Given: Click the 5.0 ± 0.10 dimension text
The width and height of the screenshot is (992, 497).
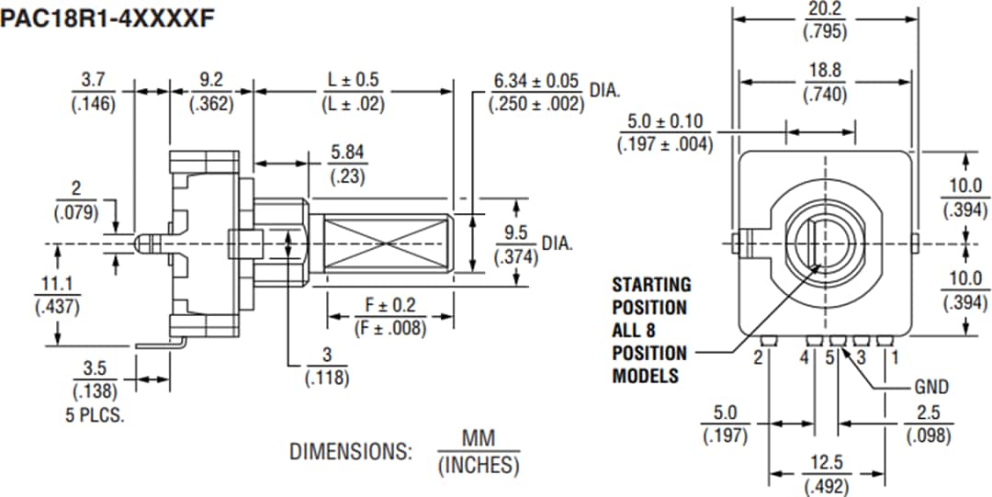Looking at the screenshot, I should [665, 121].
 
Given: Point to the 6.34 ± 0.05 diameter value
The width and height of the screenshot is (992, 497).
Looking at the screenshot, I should [537, 81].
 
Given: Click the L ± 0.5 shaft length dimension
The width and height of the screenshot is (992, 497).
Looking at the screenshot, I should [353, 81].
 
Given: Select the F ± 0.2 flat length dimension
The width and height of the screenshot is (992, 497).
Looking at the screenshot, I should [390, 305].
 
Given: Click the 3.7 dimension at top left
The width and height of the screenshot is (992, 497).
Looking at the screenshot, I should [93, 81].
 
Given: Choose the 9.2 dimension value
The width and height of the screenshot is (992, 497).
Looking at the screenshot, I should [210, 81].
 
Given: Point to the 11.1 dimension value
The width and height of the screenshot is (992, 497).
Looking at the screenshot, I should [56, 285].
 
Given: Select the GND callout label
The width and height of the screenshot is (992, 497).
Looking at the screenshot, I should [931, 387].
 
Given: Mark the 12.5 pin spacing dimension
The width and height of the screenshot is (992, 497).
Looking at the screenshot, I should [825, 464].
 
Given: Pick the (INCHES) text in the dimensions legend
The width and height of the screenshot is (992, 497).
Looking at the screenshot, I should [478, 466].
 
